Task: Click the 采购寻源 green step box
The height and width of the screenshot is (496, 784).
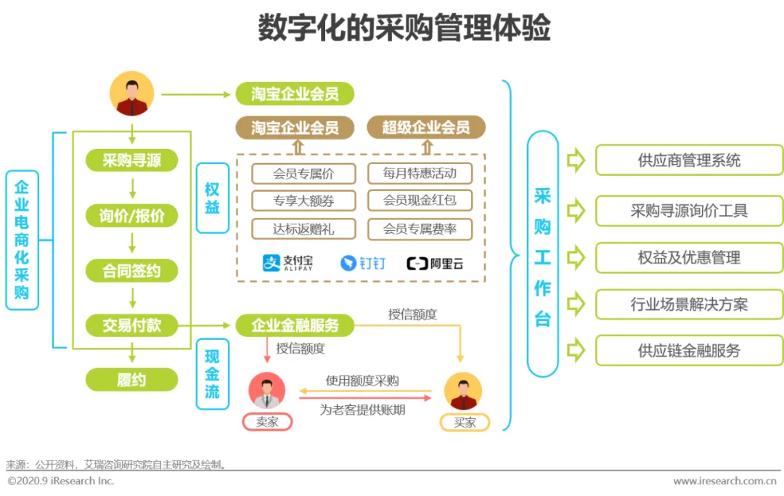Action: coord(131,160)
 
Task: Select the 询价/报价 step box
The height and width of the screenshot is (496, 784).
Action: coord(131,216)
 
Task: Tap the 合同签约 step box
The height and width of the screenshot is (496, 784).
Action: coord(131,271)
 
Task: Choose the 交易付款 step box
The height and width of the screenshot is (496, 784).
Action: coord(131,325)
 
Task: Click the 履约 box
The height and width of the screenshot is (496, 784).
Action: coord(131,379)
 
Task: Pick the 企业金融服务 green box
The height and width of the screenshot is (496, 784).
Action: coord(295,325)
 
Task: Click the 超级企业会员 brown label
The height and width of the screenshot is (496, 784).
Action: coord(425,128)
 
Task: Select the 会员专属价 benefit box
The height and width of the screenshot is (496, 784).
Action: coord(303,174)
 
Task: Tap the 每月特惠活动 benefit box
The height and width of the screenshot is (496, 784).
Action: coord(420,174)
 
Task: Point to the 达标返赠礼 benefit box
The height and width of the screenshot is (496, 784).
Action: coord(303,229)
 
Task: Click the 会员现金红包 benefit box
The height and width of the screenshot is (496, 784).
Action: coord(420,201)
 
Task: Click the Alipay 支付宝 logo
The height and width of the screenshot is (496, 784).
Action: coord(288,263)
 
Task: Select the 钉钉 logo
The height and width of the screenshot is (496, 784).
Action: coord(363,263)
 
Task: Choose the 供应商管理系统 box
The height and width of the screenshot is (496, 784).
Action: coord(689,160)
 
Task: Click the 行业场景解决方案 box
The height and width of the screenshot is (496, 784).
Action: coord(689,304)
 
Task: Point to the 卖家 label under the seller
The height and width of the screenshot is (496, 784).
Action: coord(267,422)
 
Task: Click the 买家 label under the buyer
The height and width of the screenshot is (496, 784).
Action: coord(465,422)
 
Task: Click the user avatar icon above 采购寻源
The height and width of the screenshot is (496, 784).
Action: coord(132,94)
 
